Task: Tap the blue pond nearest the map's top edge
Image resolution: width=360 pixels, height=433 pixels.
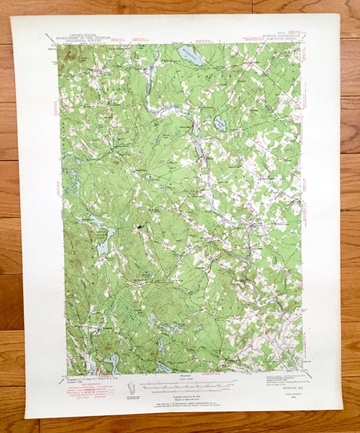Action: click(189, 56)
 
